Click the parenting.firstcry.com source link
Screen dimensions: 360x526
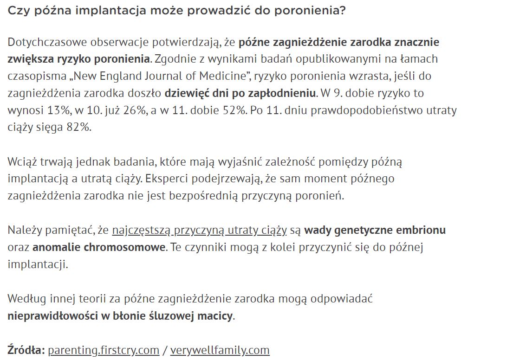coord(104,350)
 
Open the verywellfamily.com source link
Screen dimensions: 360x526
coord(220,350)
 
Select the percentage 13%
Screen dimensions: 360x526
coord(60,110)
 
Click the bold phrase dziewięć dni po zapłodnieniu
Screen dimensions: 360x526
coord(240,93)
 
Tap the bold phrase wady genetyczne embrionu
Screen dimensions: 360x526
coord(375,230)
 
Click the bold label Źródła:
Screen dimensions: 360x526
coord(26,350)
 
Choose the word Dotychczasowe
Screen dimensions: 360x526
coord(46,43)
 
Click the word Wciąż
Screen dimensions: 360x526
coord(22,162)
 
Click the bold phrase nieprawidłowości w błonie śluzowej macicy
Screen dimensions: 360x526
coord(120,316)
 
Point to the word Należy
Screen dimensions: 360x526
coord(23,230)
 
